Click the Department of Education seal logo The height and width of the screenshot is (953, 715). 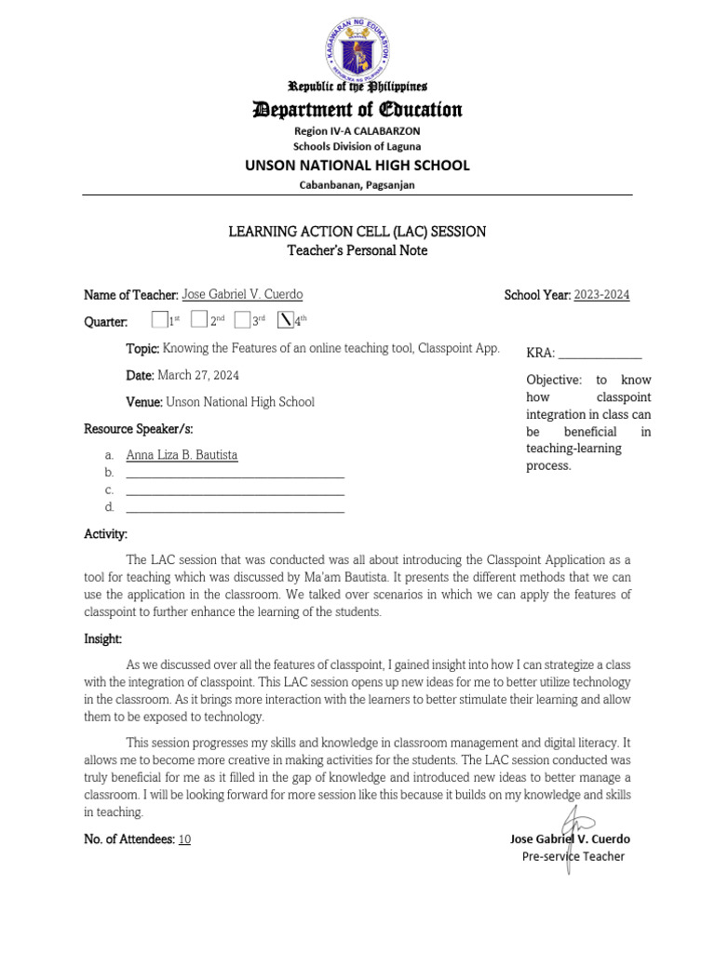point(357,44)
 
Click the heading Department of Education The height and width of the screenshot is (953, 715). point(357,110)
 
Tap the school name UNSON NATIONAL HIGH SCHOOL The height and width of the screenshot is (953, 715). point(357,166)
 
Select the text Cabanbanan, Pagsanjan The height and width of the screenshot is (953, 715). point(357,185)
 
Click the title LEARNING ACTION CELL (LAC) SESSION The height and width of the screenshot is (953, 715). point(357,231)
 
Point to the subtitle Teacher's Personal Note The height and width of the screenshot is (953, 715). point(357,249)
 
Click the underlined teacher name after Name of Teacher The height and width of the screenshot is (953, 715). point(242,295)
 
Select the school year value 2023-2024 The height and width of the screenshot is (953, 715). point(601,295)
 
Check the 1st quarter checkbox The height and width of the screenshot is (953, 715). point(158,320)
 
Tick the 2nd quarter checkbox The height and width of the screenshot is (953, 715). point(198,320)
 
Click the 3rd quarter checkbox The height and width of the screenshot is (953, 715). point(242,320)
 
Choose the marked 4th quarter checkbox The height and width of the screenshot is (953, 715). point(286,320)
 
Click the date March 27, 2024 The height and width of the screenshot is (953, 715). point(198,375)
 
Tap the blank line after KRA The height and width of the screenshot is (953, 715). point(600,354)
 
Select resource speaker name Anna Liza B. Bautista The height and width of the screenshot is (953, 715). point(182,455)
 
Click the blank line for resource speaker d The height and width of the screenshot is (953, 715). point(235,507)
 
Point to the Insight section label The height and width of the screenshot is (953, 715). point(103,638)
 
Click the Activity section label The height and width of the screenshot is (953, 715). point(105,534)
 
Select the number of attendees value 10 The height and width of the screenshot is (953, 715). point(184,839)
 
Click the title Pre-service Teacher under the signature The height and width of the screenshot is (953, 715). point(573,856)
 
